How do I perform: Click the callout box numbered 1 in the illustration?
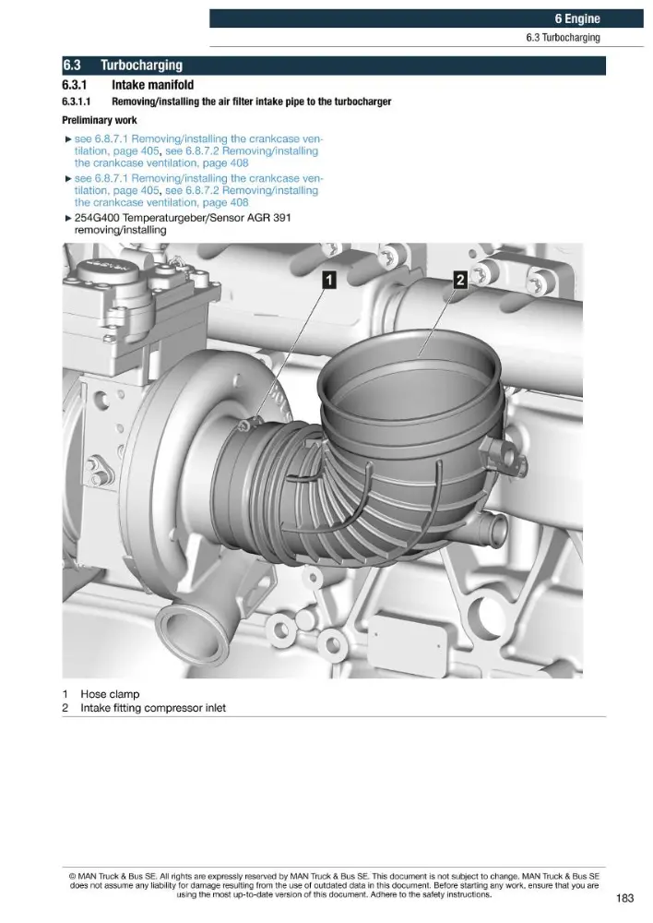(330, 280)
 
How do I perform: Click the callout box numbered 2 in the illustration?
(460, 280)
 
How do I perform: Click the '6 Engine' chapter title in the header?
(577, 18)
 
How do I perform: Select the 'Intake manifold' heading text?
(152, 85)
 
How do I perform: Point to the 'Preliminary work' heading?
(100, 120)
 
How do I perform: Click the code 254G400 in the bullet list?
(98, 218)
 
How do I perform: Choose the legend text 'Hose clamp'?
(110, 694)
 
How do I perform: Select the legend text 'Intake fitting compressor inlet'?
(153, 708)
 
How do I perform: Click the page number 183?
(624, 898)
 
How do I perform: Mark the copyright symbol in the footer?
(72, 877)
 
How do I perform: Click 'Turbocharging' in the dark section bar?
(141, 65)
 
